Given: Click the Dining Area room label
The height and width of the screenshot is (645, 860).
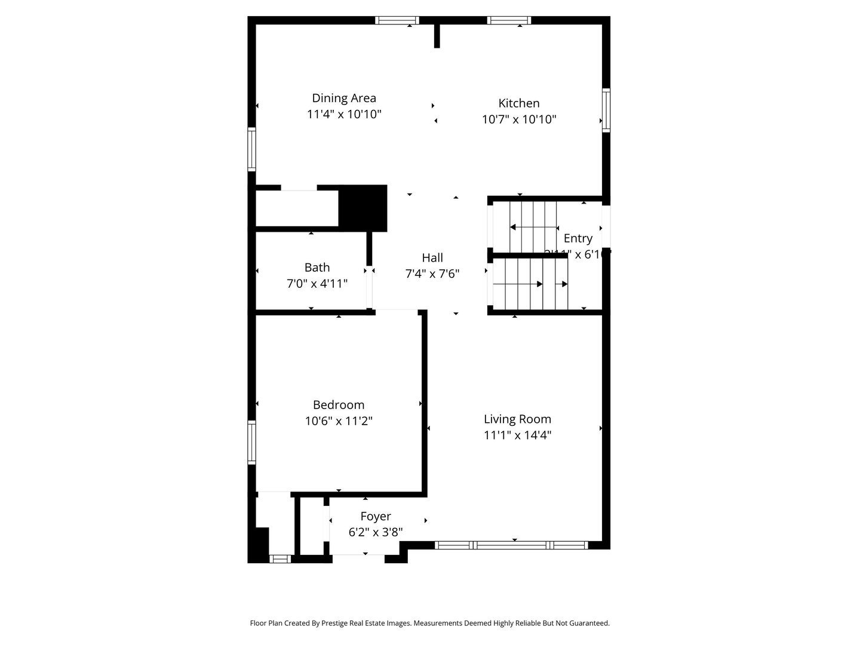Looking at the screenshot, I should tap(344, 98).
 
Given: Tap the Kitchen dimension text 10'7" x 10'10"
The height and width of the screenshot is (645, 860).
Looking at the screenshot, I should tap(519, 119).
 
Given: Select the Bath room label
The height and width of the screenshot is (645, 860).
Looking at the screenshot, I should tap(317, 268).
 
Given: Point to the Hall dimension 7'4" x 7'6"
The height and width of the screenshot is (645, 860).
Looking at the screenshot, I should tap(432, 274).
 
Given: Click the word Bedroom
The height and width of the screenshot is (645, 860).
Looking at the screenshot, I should tap(339, 405).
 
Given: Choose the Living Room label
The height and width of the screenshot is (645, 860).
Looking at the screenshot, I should tap(517, 419).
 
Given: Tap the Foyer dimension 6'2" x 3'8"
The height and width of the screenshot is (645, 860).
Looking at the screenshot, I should tap(376, 532).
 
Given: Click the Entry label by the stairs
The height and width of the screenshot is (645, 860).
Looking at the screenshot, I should tap(578, 238).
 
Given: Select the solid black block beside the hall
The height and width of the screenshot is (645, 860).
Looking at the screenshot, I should tap(363, 207).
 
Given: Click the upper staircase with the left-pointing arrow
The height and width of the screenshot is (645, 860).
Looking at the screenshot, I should tap(526, 227).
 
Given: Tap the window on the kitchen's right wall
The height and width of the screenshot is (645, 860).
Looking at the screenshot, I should tap(606, 110).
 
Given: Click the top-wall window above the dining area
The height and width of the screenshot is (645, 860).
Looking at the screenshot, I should tap(397, 20).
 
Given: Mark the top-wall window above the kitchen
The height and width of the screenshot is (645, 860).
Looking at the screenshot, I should tap(509, 20).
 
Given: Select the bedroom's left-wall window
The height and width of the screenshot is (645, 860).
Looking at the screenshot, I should tap(252, 442).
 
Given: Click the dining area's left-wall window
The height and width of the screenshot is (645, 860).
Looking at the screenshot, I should tap(252, 149).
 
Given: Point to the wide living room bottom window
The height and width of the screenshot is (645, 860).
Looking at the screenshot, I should tap(511, 545).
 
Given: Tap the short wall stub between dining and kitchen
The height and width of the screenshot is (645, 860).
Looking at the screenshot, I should tap(437, 36).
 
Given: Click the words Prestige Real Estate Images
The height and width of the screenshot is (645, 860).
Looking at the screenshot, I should tap(366, 623).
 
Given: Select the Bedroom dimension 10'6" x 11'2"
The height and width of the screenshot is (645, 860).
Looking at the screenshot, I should tap(339, 421).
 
